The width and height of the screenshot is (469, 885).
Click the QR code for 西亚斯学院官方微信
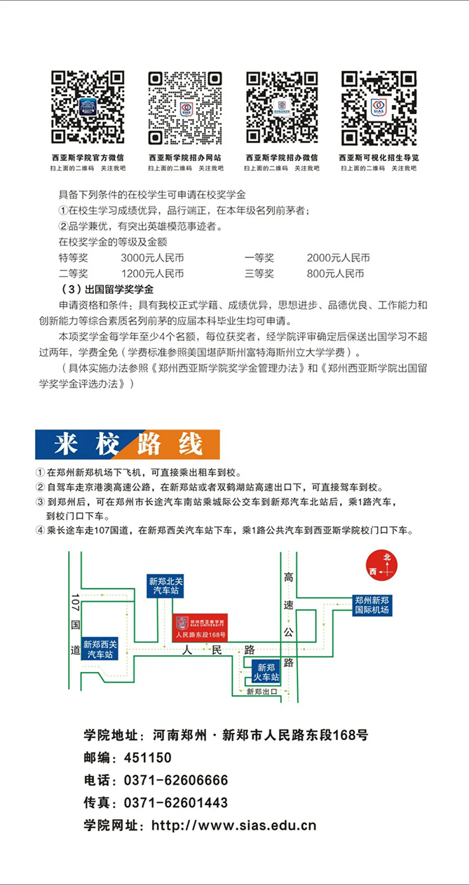point(88,108)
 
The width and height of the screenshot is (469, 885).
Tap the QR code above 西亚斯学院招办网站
point(184,108)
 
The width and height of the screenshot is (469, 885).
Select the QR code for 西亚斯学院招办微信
point(281,108)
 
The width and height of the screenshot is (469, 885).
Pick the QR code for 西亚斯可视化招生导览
point(379,108)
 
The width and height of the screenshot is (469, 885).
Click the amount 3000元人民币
point(152,258)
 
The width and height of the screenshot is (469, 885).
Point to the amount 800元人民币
point(335,273)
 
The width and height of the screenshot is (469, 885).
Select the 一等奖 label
point(259,258)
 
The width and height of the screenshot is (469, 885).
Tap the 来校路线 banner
point(128,444)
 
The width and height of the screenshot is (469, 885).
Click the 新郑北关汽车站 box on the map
point(165,586)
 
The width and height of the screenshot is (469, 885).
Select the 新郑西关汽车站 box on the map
point(100,649)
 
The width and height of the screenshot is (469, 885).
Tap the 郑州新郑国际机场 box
point(372,605)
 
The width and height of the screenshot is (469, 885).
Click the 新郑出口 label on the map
point(262,692)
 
